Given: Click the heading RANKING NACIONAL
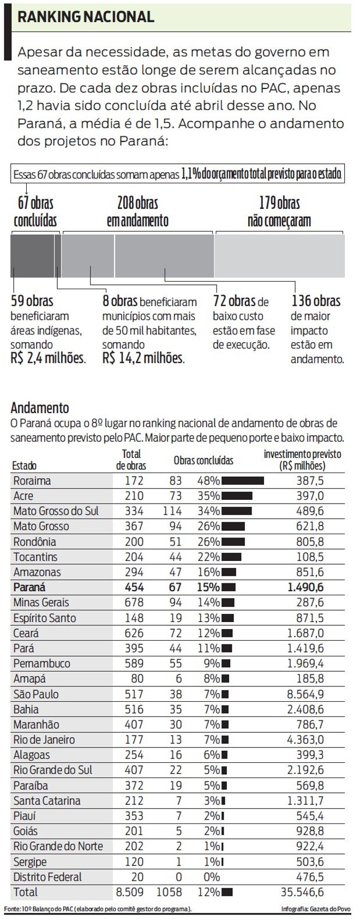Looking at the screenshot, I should point(86,17).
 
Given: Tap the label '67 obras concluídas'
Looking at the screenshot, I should point(35,212).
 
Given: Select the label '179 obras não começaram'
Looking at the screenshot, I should point(279,212).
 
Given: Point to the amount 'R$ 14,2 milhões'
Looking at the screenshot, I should point(143,359).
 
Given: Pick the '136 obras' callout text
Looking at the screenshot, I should point(316,301).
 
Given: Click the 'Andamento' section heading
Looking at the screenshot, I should point(40,408).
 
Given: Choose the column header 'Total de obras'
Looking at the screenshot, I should point(131,459).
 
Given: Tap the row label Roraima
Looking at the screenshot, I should point(32,481).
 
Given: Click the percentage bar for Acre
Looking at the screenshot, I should point(237,496).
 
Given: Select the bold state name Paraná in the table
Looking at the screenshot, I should point(29,588).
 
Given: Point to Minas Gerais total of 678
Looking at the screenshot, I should point(133,603).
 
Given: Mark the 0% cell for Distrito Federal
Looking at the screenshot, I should point(210,877).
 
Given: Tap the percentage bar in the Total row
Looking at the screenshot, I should point(227,893).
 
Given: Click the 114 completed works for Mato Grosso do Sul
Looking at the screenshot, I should point(172,511).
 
